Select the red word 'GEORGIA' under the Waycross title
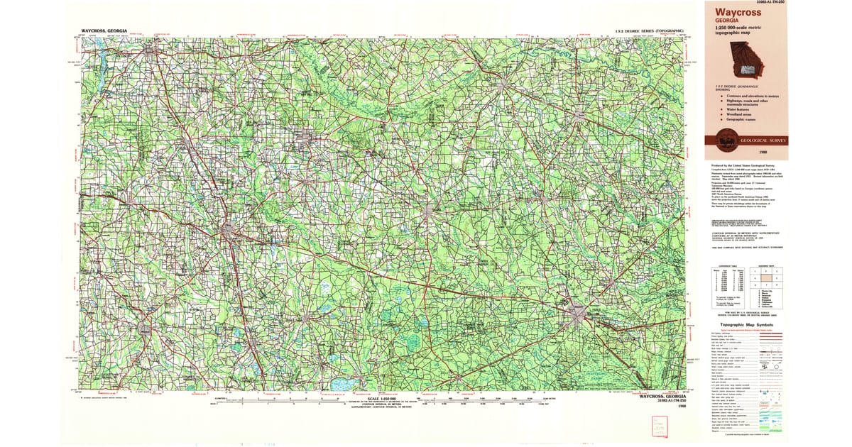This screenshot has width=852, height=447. (x=728, y=22)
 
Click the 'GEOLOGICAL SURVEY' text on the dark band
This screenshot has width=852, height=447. (x=763, y=141)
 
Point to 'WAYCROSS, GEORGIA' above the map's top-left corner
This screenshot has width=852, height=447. (x=104, y=31)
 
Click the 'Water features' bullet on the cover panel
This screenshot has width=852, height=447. (x=740, y=109)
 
